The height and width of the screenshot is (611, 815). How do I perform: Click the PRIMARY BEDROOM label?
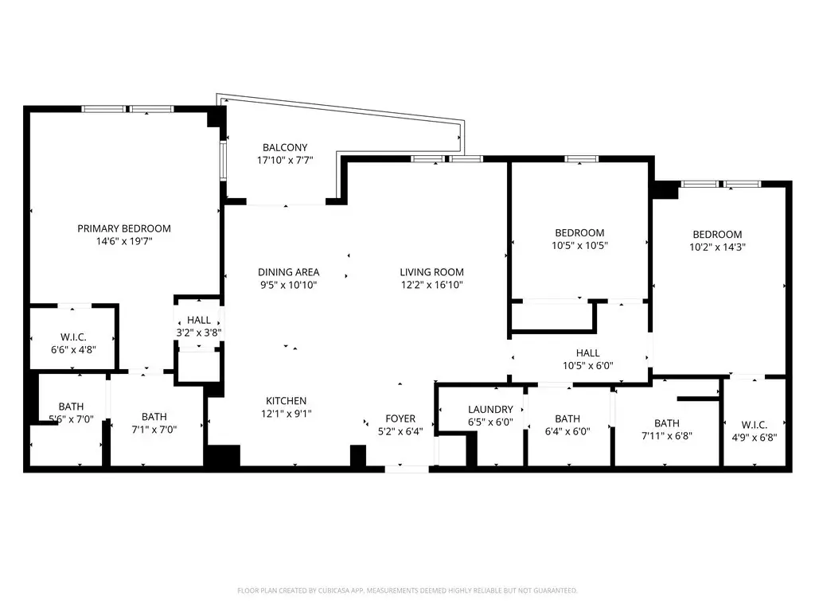(x=123, y=228)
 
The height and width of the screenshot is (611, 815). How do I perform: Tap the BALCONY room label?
(x=285, y=147)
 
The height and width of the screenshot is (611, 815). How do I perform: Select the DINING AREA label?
(x=288, y=272)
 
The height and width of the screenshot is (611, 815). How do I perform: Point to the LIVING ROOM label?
(x=431, y=272)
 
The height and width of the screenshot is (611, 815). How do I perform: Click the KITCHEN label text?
(x=286, y=401)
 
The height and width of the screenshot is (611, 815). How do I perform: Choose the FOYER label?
(x=400, y=418)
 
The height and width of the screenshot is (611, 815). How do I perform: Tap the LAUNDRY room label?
(x=490, y=410)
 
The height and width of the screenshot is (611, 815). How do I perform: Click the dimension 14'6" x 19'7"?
(x=123, y=241)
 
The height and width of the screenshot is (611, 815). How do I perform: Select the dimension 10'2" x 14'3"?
(x=717, y=247)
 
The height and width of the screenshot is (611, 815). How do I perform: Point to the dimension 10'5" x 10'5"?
(x=579, y=246)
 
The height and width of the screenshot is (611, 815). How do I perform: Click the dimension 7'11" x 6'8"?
(x=667, y=436)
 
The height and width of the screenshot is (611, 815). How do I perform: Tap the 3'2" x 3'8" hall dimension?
(x=199, y=333)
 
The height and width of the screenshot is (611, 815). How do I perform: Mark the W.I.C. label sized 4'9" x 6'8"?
(x=755, y=425)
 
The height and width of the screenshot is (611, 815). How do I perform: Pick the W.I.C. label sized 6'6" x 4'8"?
(x=73, y=337)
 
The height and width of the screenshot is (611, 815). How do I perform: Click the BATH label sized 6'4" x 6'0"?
(x=567, y=418)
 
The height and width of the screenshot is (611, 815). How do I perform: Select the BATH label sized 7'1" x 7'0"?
(x=154, y=417)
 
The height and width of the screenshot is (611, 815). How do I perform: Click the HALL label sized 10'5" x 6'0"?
(x=588, y=353)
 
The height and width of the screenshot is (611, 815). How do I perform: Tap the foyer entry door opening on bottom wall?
(x=407, y=469)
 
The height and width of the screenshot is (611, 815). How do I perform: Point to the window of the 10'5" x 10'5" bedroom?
(x=581, y=159)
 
